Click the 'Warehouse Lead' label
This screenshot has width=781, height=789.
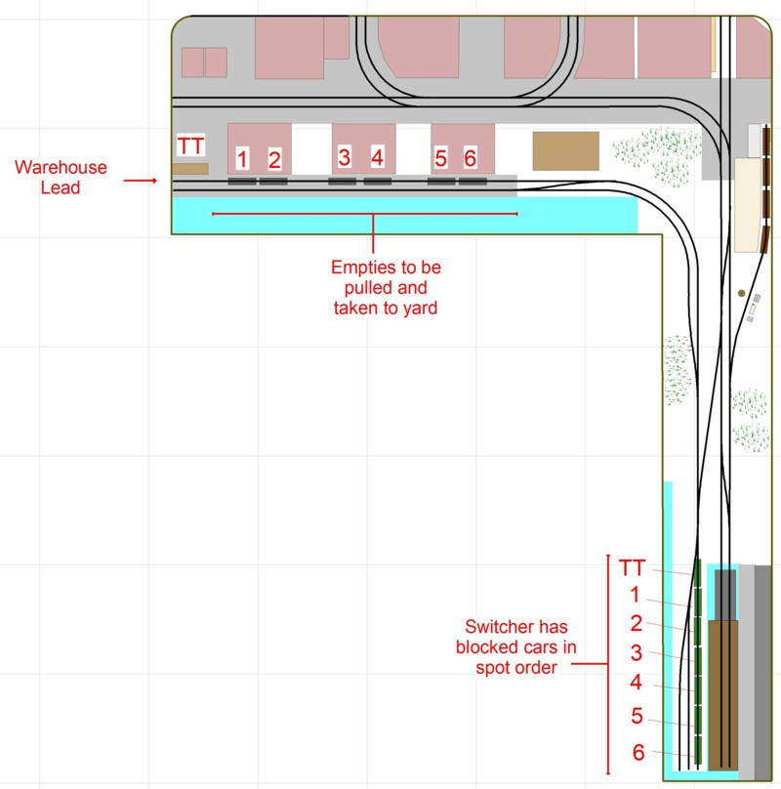pyautogui.click(x=61, y=177)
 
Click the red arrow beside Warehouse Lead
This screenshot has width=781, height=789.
pyautogui.click(x=141, y=180)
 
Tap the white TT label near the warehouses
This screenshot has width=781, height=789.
pyautogui.click(x=190, y=145)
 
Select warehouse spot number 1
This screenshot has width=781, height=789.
pyautogui.click(x=242, y=158)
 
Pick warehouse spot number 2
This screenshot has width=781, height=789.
pyautogui.click(x=274, y=160)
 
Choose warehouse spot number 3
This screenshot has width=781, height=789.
pyautogui.click(x=345, y=157)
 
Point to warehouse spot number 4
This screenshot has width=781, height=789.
pyautogui.click(x=378, y=157)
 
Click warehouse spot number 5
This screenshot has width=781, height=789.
pyautogui.click(x=441, y=158)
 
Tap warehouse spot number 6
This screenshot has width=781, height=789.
pyautogui.click(x=470, y=158)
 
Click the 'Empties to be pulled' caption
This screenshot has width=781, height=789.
pyautogui.click(x=386, y=287)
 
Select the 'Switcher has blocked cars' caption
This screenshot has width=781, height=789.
pyautogui.click(x=515, y=647)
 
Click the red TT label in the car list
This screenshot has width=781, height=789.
pyautogui.click(x=632, y=567)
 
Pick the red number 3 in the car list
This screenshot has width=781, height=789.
pyautogui.click(x=637, y=653)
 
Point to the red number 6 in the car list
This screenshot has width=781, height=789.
pyautogui.click(x=638, y=753)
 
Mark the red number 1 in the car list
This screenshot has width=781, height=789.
pyautogui.click(x=636, y=595)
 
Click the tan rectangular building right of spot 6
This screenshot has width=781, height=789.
pyautogui.click(x=565, y=151)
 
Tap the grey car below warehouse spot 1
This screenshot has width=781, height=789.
pyautogui.click(x=242, y=182)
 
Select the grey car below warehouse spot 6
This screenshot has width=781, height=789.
pyautogui.click(x=473, y=182)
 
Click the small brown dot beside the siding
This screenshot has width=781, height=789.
pyautogui.click(x=741, y=293)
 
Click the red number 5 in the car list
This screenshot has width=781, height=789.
pyautogui.click(x=637, y=716)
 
